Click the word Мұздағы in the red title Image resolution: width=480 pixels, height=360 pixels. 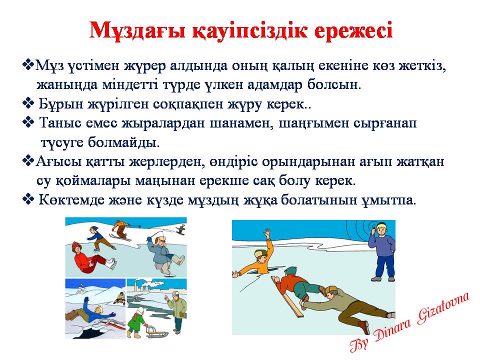tap(138, 30)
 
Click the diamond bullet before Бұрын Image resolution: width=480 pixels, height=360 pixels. tap(28, 103)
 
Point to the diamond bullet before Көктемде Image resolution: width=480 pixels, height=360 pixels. tap(28, 199)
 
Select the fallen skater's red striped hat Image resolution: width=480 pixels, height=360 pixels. tap(76, 246)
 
